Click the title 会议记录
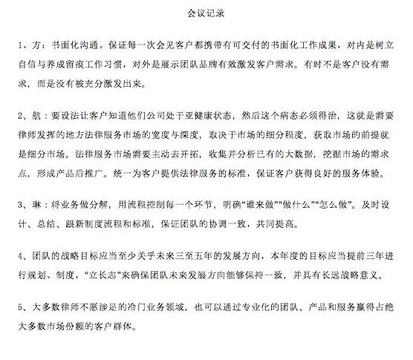point(206,13)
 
